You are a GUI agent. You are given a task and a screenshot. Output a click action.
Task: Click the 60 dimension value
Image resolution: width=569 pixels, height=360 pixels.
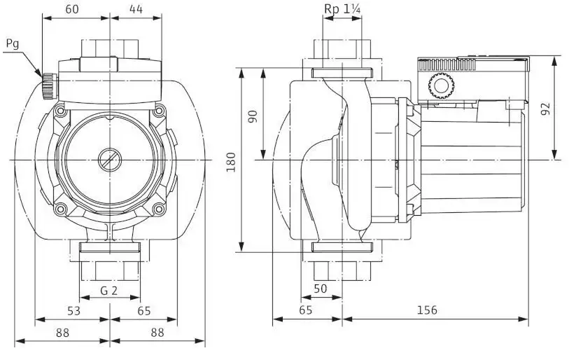[72, 9]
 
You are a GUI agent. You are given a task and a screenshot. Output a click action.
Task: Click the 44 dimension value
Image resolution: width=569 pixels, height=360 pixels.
[136, 9]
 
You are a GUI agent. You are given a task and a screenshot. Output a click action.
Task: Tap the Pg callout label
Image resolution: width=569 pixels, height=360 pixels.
[13, 44]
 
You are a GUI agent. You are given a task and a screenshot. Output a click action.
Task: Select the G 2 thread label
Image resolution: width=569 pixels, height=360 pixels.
[109, 291]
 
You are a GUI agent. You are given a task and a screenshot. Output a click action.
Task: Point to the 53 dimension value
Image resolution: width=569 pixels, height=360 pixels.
[73, 311]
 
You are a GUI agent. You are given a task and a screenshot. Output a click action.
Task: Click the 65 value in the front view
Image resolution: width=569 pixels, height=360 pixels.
[144, 311]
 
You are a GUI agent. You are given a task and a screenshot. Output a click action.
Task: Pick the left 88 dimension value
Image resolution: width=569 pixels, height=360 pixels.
[62, 333]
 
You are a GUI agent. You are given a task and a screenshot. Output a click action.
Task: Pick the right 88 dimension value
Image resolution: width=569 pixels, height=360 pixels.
[157, 333]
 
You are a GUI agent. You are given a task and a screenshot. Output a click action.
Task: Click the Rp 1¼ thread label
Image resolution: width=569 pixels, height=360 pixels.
[342, 8]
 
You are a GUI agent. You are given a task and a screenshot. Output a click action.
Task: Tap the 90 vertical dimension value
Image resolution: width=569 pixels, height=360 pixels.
[253, 116]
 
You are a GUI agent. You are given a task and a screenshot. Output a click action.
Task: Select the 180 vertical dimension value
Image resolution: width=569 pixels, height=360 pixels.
[231, 162]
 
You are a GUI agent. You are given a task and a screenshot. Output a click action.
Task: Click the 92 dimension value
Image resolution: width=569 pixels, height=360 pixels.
[545, 109]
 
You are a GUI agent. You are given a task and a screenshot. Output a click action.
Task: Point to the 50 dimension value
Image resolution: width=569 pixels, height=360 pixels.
[321, 289]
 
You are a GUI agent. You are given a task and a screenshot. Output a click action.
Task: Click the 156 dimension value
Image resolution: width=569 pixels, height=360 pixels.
[427, 310]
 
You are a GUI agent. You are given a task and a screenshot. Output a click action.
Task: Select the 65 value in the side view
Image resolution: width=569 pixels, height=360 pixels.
[306, 310]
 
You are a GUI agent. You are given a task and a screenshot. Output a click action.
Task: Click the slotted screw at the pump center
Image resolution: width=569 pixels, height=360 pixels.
[110, 160]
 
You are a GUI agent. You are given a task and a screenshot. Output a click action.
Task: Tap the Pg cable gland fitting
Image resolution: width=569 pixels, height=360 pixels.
[48, 86]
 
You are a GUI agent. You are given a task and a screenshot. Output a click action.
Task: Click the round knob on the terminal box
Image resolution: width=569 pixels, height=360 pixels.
[441, 86]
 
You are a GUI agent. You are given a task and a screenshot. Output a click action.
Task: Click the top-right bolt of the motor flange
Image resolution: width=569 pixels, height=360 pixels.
[158, 111]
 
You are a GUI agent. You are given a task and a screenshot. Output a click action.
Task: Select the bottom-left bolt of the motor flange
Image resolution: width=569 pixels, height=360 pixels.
[60, 209]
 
